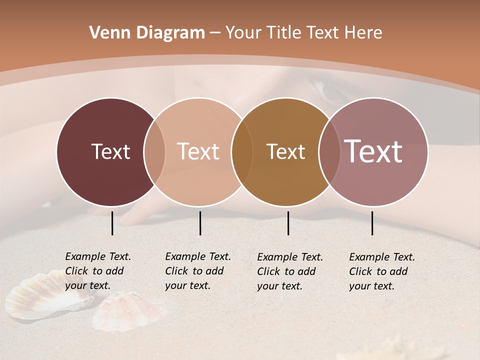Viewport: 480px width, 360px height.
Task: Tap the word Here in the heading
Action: (x=364, y=33)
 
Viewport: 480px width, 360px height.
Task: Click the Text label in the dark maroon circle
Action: (x=110, y=151)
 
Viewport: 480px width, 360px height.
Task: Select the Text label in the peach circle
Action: (x=198, y=151)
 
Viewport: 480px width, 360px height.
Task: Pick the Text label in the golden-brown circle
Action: (x=285, y=151)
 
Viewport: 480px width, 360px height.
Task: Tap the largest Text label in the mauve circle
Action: (x=373, y=151)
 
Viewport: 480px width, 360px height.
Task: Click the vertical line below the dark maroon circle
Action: (x=112, y=223)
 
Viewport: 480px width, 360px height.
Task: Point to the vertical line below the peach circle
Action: (x=200, y=223)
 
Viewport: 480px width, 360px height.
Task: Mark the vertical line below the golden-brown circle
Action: (x=288, y=223)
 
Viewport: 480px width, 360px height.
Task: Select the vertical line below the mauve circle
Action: (x=372, y=223)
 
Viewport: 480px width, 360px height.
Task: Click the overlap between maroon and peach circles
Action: (x=154, y=152)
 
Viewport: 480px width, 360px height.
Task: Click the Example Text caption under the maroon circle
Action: (x=98, y=271)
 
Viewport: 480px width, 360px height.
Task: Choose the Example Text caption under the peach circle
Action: (x=198, y=271)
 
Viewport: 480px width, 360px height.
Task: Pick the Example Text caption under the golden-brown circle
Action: (x=290, y=271)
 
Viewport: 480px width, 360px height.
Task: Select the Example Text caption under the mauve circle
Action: (x=382, y=271)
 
